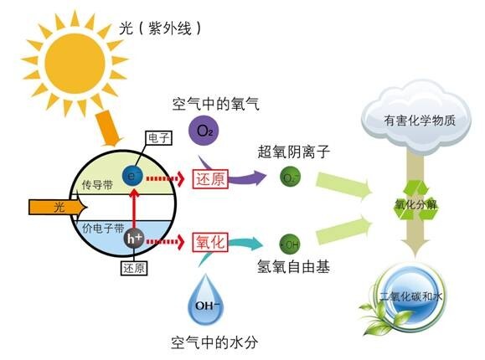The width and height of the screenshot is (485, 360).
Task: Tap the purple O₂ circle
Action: [x=204, y=131]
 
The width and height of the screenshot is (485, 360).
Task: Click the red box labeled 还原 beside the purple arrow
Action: [x=211, y=179]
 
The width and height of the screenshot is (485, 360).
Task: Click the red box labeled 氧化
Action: [x=210, y=241]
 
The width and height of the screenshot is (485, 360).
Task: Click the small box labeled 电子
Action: [x=157, y=136]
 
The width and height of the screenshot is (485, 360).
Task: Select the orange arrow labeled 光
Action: [x=55, y=205]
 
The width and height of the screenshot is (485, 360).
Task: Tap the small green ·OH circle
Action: [x=290, y=244]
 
